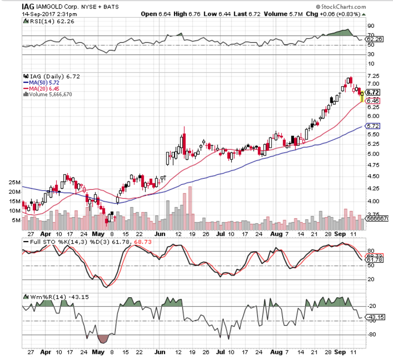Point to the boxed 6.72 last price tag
pos(373,93)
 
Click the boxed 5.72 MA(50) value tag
pos(373,126)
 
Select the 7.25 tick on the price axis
pos(373,74)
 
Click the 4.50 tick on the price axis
pos(373,176)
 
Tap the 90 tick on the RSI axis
pos(370,25)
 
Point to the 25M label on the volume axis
pos(14,182)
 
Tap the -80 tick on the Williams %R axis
pos(371,335)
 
